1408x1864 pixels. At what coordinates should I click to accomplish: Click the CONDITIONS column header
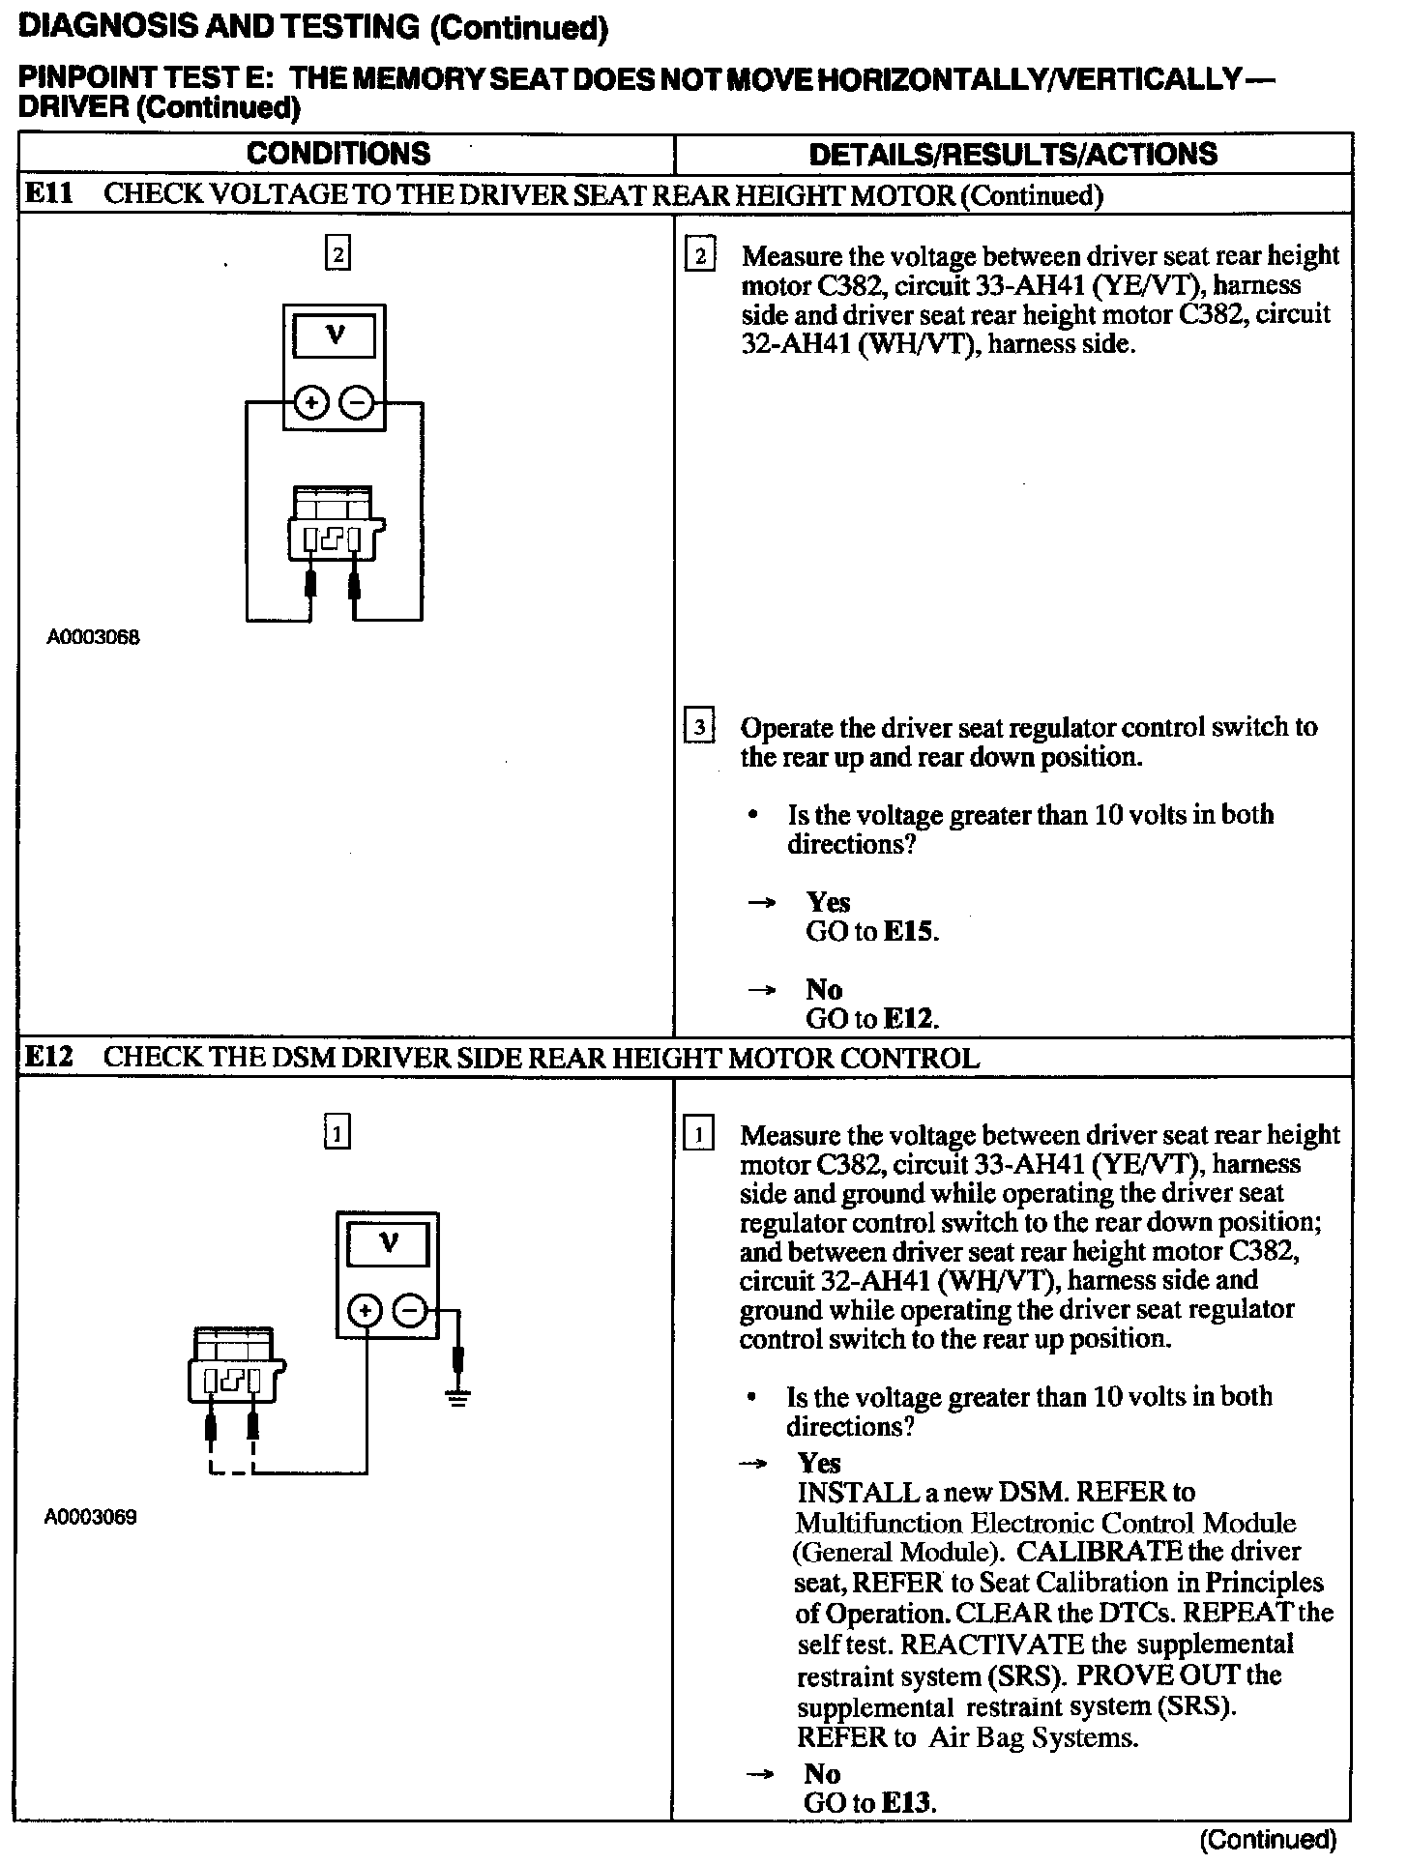pos(337,154)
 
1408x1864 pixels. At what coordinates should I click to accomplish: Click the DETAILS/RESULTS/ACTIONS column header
pos(1012,154)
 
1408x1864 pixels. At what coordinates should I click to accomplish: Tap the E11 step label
pos(47,194)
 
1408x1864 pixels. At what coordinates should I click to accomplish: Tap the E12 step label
pos(47,1057)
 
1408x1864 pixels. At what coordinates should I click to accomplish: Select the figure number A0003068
pos(93,638)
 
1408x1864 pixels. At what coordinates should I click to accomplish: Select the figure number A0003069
pos(91,1517)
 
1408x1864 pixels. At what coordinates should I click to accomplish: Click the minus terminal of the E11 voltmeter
pos(358,403)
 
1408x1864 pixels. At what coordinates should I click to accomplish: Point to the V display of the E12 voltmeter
pos(388,1245)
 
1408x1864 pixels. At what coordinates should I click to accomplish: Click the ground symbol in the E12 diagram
pos(458,1397)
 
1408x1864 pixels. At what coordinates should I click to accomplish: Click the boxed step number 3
pos(698,726)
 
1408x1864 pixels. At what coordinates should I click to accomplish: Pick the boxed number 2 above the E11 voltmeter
pos(337,255)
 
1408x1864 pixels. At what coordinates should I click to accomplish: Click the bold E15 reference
pos(910,932)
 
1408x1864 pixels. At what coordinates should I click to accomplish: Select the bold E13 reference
pos(908,1803)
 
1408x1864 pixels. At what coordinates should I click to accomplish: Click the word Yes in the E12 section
pos(819,1464)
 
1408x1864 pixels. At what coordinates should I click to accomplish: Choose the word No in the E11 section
pos(824,989)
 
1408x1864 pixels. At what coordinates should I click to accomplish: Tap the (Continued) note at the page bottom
pos(1267,1839)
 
